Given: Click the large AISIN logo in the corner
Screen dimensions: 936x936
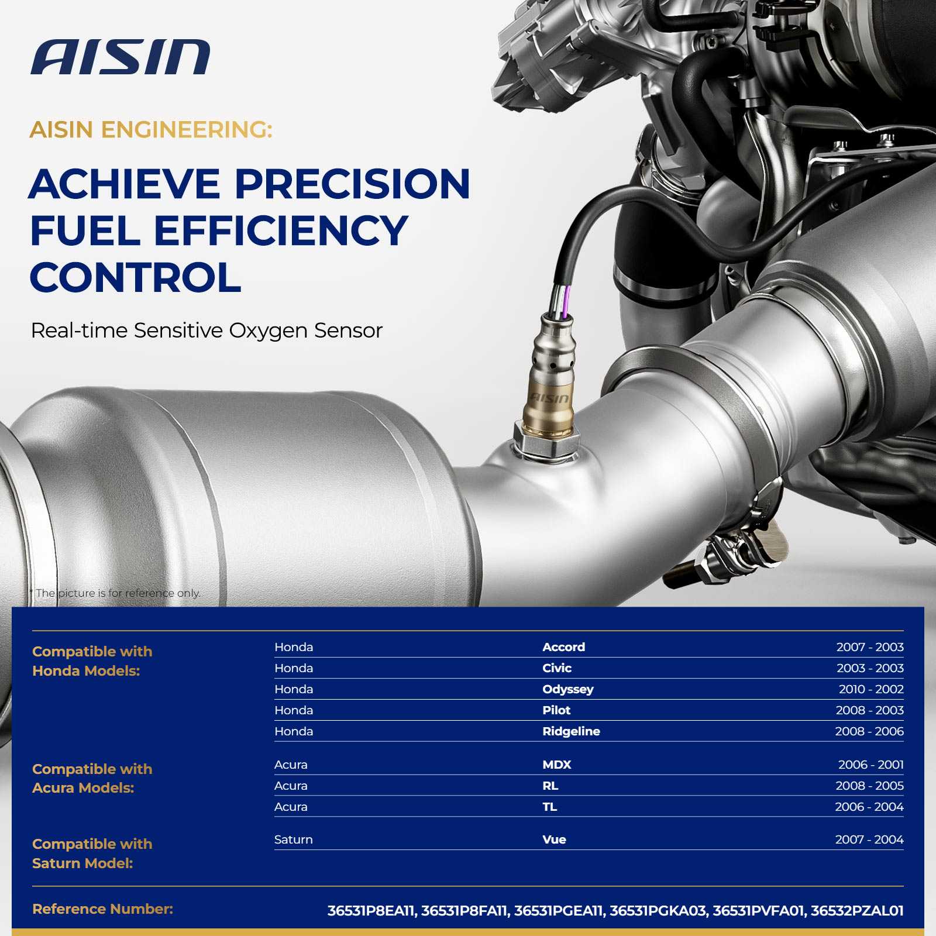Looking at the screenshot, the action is pos(120,57).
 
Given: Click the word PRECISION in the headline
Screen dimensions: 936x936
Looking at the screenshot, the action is pos(353,184).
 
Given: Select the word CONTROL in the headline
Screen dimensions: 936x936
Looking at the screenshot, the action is pos(135,277).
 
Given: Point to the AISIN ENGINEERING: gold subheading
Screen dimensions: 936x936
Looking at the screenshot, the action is pos(151,130).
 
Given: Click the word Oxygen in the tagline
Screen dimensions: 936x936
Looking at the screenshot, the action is pos(268,331).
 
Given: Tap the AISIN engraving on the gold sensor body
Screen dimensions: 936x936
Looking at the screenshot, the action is pos(549,398).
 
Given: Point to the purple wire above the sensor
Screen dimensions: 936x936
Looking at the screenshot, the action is pos(566,302).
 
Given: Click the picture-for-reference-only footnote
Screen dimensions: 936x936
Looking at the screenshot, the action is pos(115,593).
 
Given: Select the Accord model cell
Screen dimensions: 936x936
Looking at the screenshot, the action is pos(563,647).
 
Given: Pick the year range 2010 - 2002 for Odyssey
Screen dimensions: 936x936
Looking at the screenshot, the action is pos(871,689).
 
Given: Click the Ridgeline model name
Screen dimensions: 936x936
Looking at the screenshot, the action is pos(571,731).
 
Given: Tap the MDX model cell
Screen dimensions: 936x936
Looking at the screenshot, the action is pos(556,765).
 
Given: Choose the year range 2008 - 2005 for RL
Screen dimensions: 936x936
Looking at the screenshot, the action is pos(869,786).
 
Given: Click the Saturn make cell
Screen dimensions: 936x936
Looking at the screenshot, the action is pos(293,839).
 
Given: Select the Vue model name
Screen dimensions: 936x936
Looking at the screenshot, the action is pos(554,839).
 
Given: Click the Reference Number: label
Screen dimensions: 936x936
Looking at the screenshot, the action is pos(102,909).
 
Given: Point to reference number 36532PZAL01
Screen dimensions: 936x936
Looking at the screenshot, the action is pos(857,911).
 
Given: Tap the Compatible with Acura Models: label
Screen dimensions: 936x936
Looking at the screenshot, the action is pos(92,779).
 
